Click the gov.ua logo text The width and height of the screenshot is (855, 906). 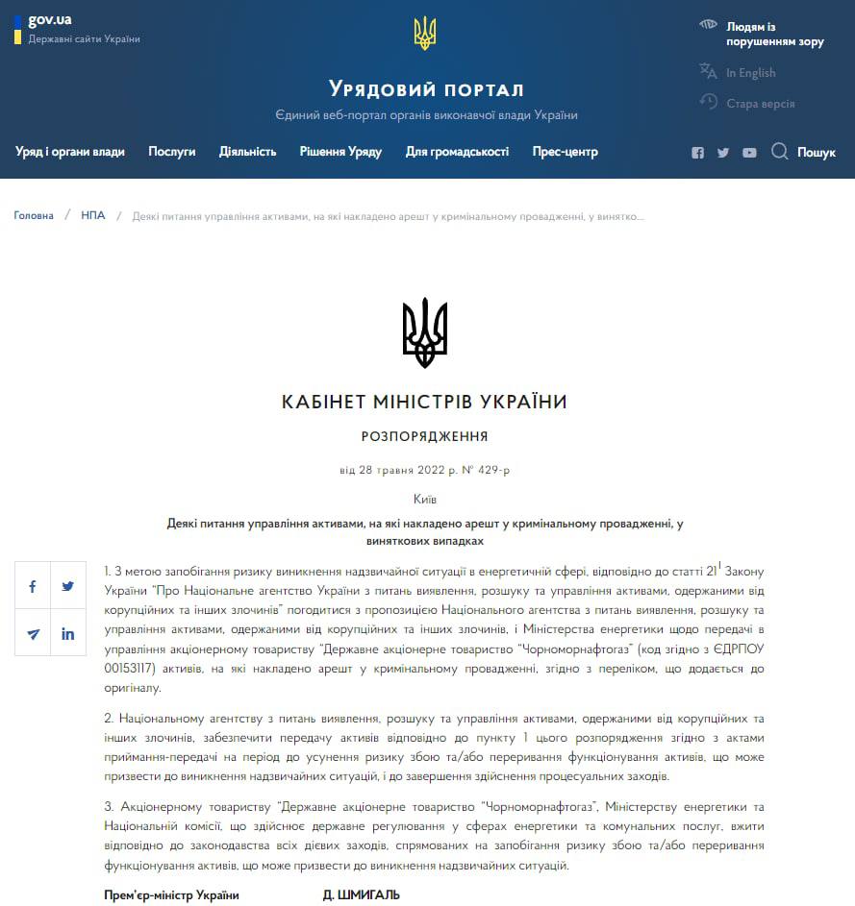point(50,20)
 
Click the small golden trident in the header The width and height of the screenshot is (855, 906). point(425,34)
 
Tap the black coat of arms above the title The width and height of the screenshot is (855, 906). point(425,332)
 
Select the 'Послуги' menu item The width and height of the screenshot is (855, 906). point(172,152)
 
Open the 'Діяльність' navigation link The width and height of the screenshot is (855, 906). point(247,152)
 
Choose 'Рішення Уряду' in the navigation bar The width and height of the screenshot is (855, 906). point(340,152)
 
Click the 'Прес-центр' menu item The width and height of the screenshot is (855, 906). point(566,152)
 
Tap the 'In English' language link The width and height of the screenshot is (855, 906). point(750,73)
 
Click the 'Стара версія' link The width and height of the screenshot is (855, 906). point(760,104)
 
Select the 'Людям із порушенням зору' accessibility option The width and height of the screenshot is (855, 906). point(774,34)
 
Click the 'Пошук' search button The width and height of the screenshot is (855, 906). point(804,152)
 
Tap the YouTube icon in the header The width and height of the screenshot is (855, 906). point(749,153)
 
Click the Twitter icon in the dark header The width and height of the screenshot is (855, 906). point(723,153)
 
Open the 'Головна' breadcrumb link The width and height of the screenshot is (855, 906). point(34,216)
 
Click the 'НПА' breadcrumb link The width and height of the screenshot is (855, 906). point(93,216)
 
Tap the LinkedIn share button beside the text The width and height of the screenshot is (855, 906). point(68,633)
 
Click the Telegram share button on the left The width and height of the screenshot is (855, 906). point(33,633)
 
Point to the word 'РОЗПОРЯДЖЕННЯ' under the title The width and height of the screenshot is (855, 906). point(425,436)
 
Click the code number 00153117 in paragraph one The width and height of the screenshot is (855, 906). point(130,668)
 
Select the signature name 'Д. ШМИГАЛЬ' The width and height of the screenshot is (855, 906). point(361,895)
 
